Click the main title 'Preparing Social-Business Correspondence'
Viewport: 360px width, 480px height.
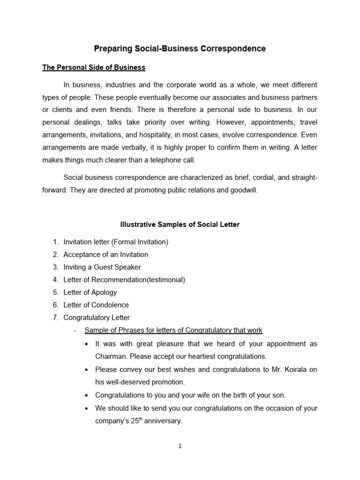(180, 49)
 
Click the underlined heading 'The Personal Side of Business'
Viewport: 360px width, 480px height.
(94, 67)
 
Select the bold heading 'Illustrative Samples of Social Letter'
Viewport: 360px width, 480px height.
(180, 225)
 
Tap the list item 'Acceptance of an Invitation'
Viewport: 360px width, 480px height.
(105, 255)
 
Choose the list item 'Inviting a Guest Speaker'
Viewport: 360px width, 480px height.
(102, 267)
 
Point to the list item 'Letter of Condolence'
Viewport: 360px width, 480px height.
(96, 305)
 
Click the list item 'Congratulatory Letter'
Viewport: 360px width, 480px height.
(97, 317)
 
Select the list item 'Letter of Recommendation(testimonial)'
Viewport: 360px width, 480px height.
(124, 280)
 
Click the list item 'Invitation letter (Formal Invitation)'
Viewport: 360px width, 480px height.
(115, 242)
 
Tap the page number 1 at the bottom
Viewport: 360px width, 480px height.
(180, 446)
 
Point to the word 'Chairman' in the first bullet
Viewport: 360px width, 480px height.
(110, 356)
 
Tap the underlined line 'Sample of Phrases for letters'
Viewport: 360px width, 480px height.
(173, 330)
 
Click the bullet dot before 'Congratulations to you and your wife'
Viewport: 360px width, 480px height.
(87, 395)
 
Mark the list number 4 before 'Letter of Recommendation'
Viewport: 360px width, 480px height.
(55, 280)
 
